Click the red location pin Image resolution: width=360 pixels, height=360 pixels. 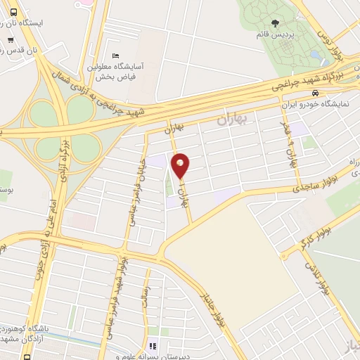[181, 165]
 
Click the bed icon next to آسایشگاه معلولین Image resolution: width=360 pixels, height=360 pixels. [116, 56]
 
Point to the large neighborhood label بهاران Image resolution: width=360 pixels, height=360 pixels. [233, 120]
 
